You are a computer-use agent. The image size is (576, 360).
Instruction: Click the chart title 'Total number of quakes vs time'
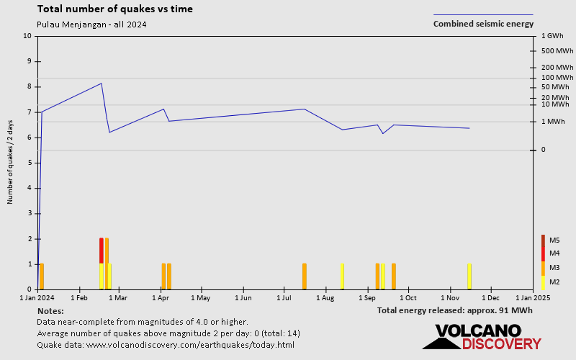pos(114,9)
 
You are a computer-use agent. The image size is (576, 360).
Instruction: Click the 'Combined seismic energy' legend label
pos(483,24)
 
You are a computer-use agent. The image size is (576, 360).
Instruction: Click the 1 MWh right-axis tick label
pos(554,122)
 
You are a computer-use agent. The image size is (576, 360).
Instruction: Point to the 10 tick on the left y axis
pos(28,36)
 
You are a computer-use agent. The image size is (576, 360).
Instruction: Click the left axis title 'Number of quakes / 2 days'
pos(11,163)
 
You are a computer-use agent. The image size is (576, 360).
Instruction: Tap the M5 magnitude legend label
pos(554,240)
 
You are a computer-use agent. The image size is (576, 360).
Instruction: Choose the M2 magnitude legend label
pos(554,282)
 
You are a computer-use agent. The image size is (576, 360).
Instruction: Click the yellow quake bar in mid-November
pos(469,276)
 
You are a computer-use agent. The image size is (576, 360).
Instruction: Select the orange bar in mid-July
pos(305,276)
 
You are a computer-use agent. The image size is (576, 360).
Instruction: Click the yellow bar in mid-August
pos(342,276)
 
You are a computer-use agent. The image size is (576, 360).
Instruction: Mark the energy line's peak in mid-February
pos(102,84)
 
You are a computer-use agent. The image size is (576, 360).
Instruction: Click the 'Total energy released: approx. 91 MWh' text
pos(455,310)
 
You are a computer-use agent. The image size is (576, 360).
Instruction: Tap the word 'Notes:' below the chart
pos(50,310)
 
